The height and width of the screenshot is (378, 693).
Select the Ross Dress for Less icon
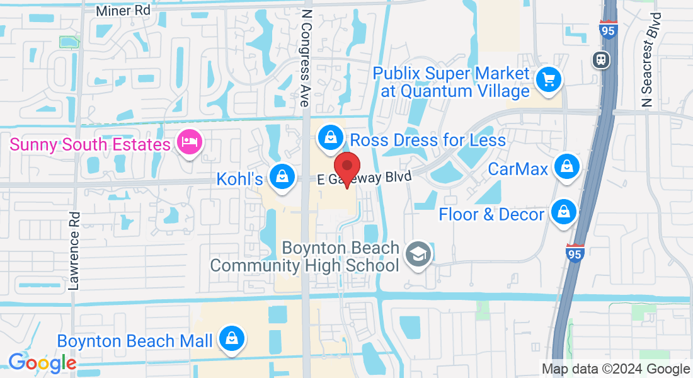point(329,138)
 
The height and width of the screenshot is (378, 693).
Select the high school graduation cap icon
point(416,255)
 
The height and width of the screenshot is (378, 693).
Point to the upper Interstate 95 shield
point(608,30)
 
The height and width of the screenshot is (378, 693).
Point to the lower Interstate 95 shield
point(575,252)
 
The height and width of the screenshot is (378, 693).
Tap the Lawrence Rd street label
point(75,250)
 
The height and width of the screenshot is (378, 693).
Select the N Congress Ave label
point(306,57)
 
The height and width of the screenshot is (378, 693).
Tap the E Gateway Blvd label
point(364,178)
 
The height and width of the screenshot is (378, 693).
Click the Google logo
point(42,363)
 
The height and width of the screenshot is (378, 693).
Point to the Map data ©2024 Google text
point(616,369)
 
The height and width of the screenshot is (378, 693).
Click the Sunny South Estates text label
point(89,144)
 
